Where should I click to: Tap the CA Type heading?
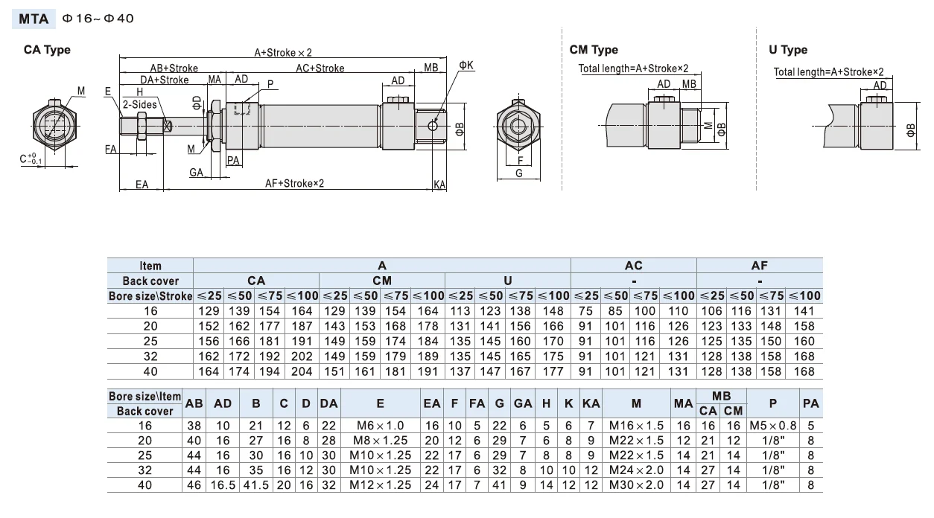[x=48, y=50]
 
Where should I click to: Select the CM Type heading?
[x=594, y=50]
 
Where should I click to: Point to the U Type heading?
[x=788, y=50]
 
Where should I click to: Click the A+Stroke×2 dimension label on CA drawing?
[x=283, y=53]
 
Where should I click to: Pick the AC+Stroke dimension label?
[x=320, y=68]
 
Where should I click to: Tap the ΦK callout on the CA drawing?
[x=466, y=65]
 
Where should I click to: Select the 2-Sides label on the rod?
[x=140, y=105]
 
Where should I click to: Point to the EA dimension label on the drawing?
[x=142, y=185]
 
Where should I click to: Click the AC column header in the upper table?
[x=633, y=266]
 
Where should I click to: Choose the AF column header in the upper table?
[x=759, y=266]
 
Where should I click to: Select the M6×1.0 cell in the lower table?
[x=381, y=426]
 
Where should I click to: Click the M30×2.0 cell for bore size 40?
[x=635, y=485]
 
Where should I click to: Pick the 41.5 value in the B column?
[x=255, y=485]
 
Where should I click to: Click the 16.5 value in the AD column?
[x=222, y=485]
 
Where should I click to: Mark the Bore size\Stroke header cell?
[x=150, y=295]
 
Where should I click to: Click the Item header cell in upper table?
[x=150, y=266]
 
